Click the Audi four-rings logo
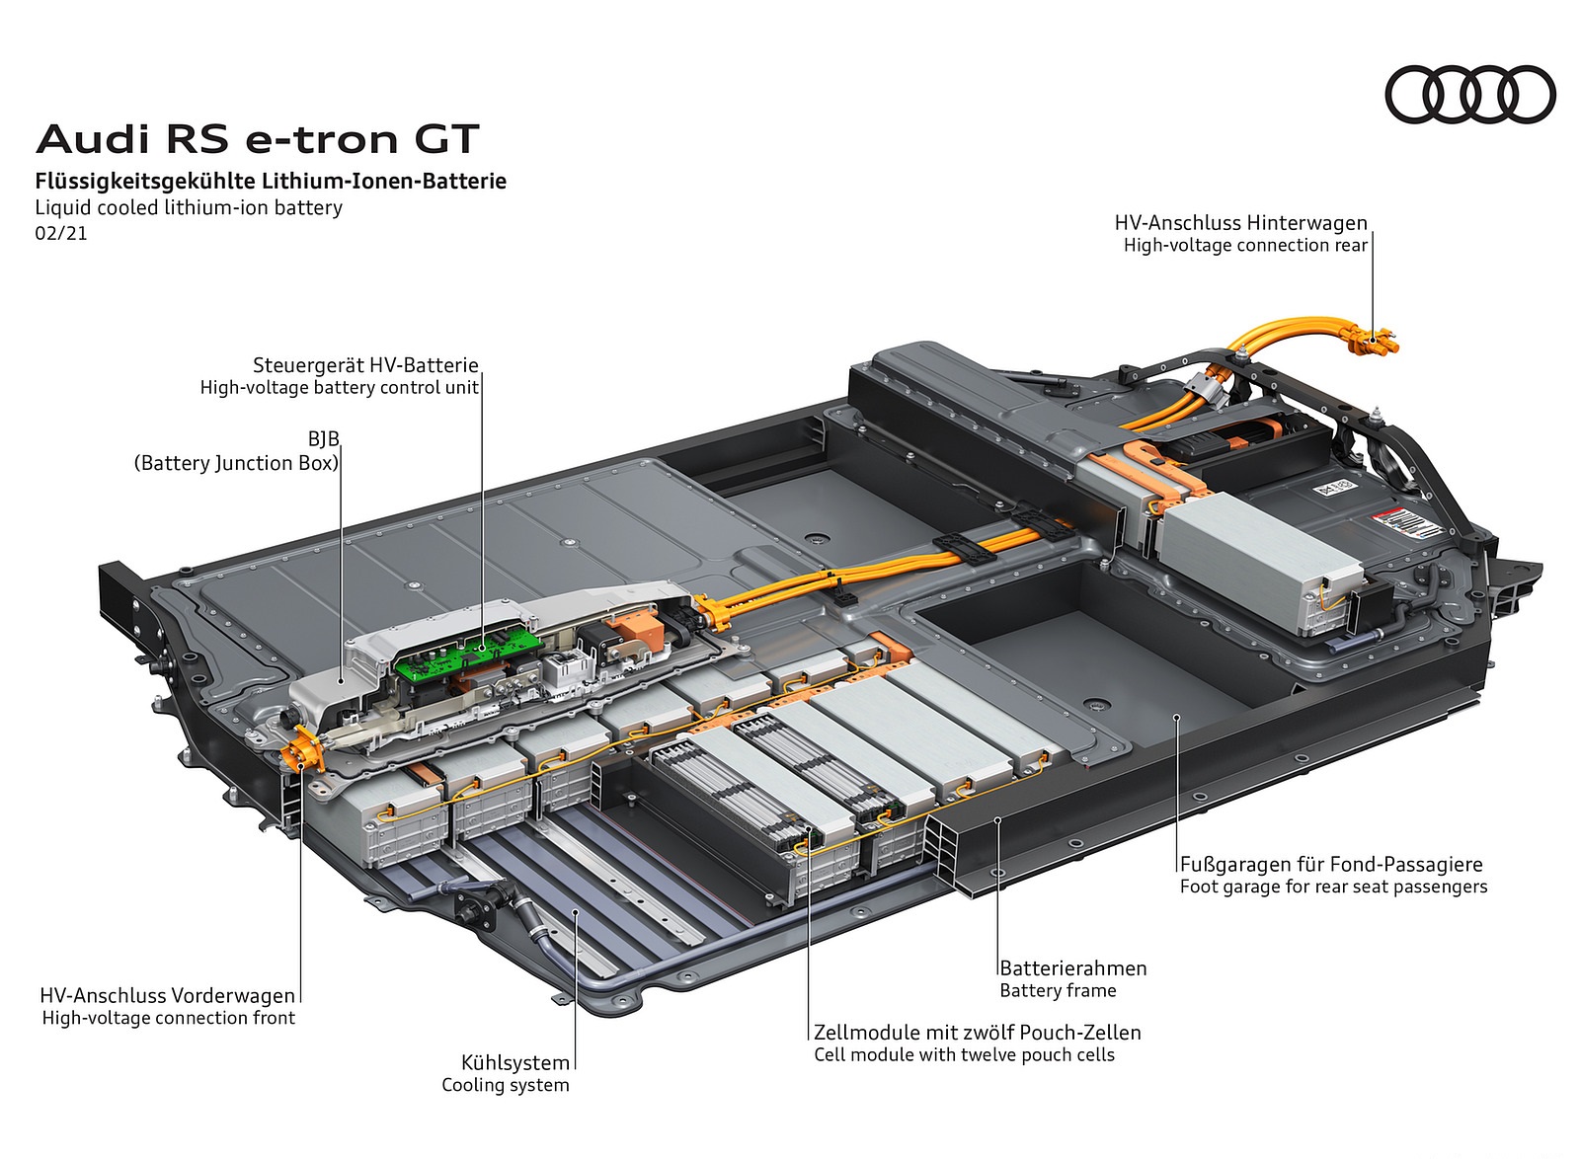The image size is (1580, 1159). [1469, 94]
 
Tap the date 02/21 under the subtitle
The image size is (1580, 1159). [61, 234]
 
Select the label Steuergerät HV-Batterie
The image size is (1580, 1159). [365, 365]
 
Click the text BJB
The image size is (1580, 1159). [323, 439]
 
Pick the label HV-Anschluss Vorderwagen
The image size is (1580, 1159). [167, 995]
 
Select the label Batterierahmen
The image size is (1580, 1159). [1072, 968]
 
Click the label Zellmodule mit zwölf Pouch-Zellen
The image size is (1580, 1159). [977, 1033]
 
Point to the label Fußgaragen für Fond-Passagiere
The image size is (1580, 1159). [1330, 865]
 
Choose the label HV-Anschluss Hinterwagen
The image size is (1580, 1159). [1240, 223]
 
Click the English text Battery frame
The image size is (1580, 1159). [1058, 990]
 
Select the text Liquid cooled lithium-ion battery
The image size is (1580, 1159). [189, 207]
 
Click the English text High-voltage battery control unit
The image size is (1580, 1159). [339, 388]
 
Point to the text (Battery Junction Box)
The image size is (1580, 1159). [236, 463]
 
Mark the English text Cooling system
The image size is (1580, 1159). [506, 1085]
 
